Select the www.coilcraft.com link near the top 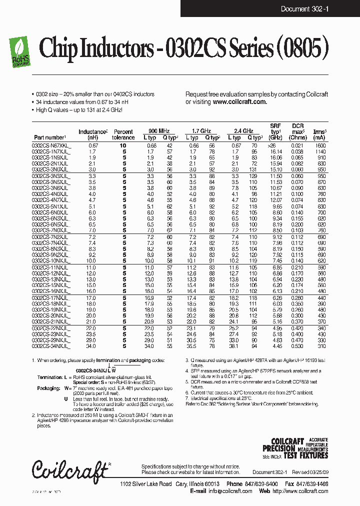(x=239, y=101)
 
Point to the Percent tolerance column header (x=123, y=134)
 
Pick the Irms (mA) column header (x=319, y=134)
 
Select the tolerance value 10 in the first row (x=123, y=145)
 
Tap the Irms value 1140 (x=320, y=151)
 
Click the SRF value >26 (x=276, y=145)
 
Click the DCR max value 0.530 (x=297, y=346)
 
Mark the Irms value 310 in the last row (x=320, y=346)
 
